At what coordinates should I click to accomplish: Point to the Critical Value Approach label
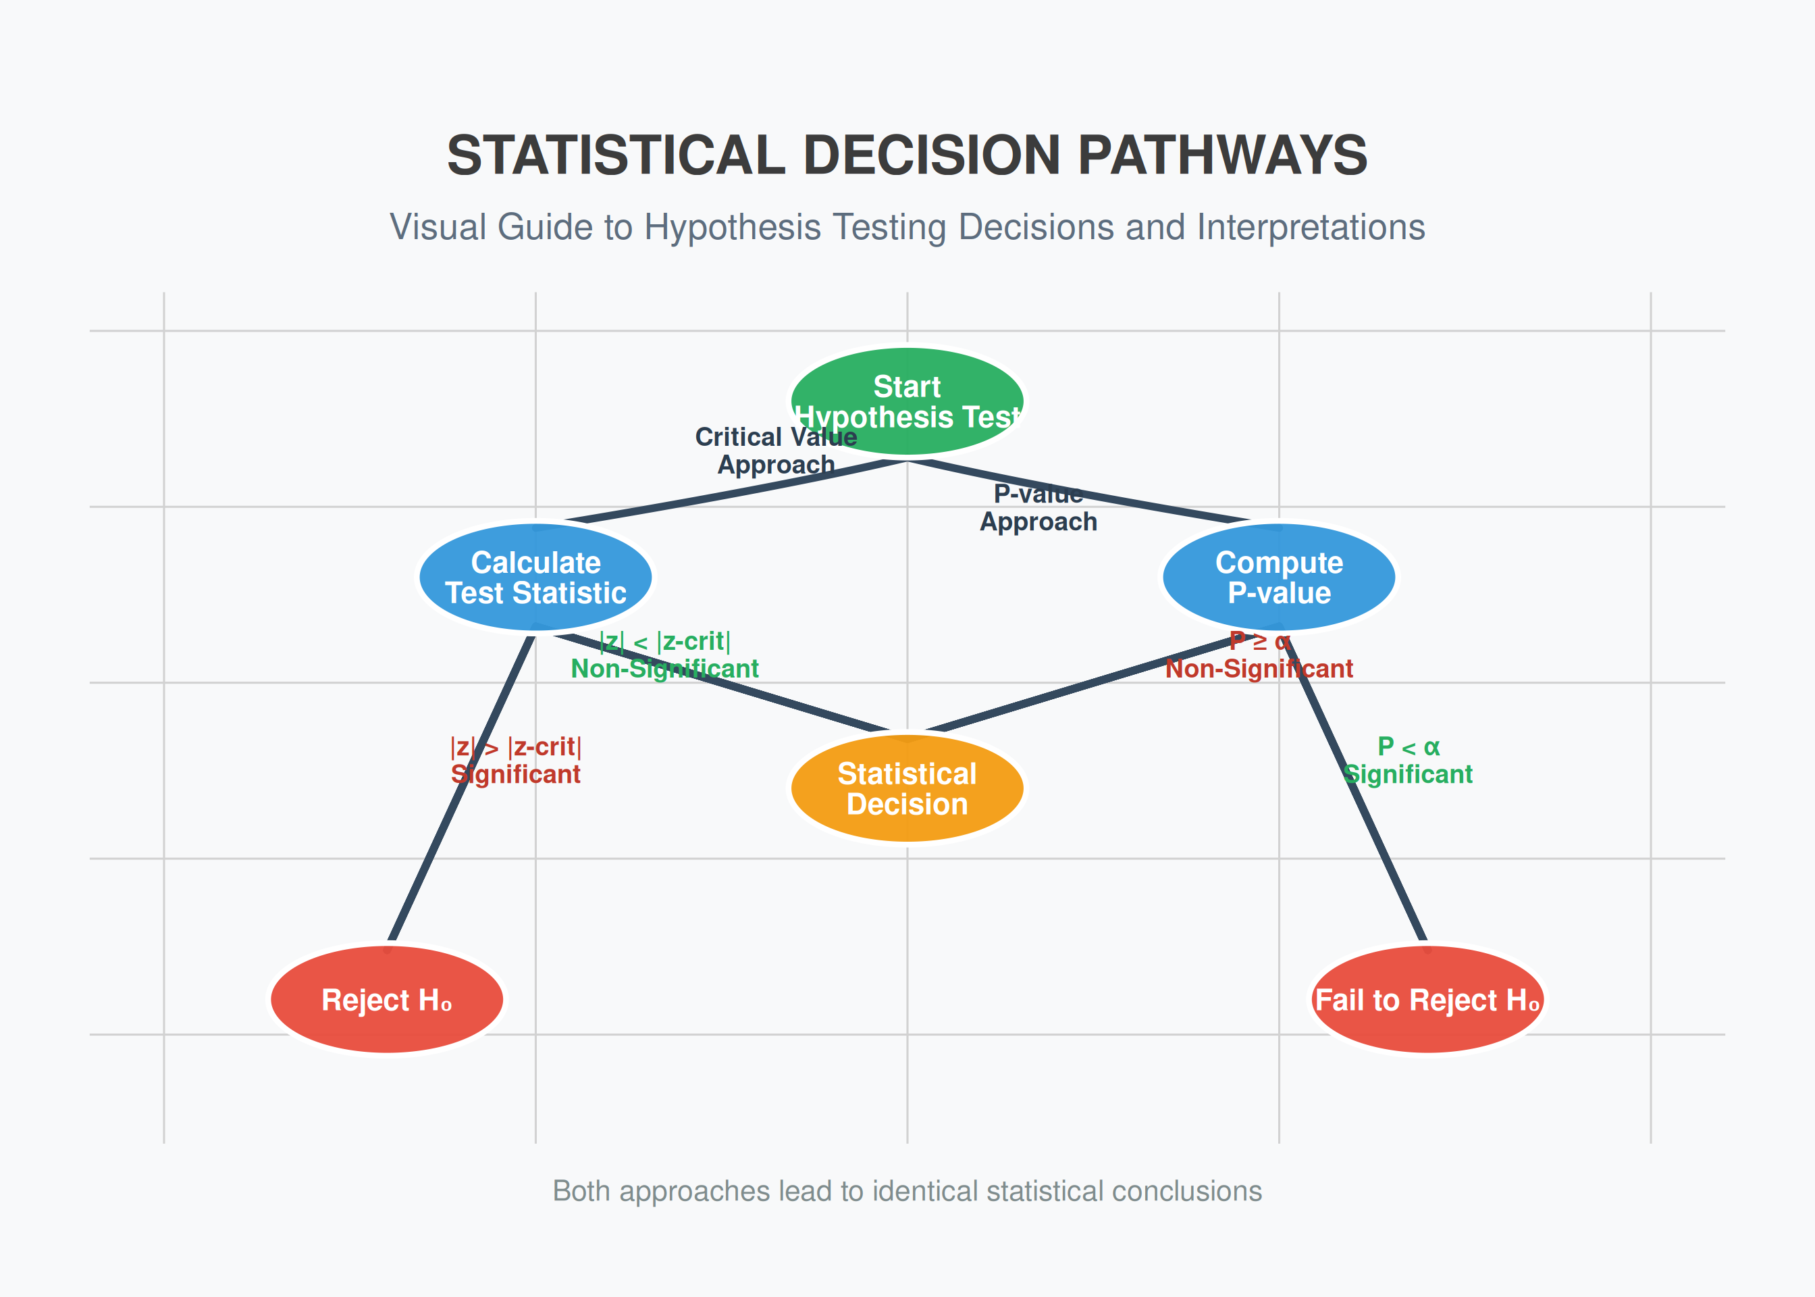776,451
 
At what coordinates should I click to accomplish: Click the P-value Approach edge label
1038,508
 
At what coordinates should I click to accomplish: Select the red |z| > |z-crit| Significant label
516,761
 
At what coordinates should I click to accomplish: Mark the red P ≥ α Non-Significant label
1259,655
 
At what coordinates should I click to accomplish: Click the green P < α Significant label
1409,761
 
